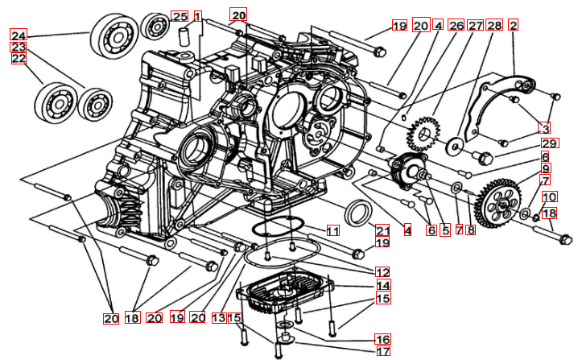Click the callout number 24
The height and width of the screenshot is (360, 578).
tap(19, 35)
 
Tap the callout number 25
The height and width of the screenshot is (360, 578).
tap(180, 16)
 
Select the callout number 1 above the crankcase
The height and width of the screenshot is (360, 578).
tap(196, 14)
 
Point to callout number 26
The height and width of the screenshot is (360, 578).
tap(456, 26)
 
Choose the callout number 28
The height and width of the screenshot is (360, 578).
tap(493, 26)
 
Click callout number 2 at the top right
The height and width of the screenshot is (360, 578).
tap(513, 26)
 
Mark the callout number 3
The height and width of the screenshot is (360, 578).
tap(545, 127)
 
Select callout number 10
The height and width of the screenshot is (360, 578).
tap(548, 197)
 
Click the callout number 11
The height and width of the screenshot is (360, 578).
tap(332, 231)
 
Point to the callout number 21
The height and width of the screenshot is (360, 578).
tap(382, 230)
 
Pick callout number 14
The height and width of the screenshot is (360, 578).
tap(382, 285)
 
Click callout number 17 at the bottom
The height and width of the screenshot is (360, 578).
tap(382, 351)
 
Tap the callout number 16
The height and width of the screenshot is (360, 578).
tap(382, 338)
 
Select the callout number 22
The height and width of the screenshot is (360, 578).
tap(19, 59)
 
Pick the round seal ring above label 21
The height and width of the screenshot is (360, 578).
tap(358, 215)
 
